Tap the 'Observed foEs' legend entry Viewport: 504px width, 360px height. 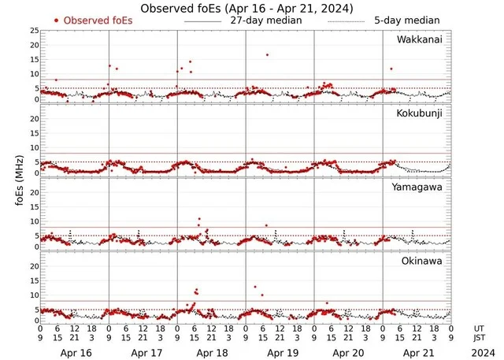pos(92,20)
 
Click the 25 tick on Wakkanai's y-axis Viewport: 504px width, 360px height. pos(33,31)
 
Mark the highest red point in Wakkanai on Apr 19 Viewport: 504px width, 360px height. pos(268,54)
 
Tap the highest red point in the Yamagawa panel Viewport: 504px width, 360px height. pos(200,218)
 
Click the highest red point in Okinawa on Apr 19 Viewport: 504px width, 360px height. pos(255,287)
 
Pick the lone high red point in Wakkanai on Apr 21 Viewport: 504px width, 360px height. pos(391,69)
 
